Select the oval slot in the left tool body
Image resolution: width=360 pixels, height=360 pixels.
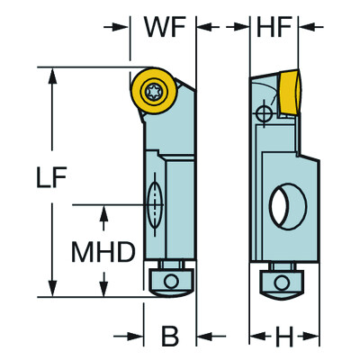(x=154, y=204)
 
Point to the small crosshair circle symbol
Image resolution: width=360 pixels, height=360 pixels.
(x=263, y=114)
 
